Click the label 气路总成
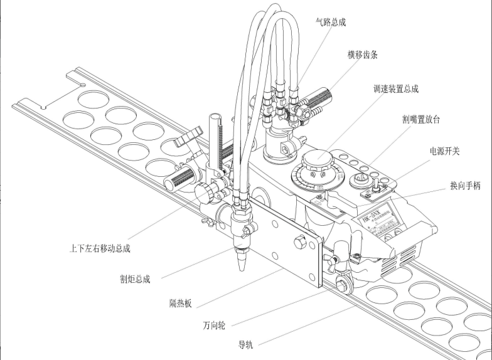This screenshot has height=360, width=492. point(331,23)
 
